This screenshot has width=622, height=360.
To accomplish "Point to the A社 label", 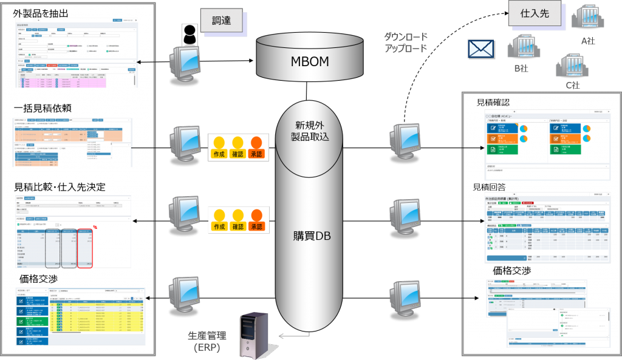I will coord(587,41).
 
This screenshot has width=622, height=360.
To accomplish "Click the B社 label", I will coord(521,68).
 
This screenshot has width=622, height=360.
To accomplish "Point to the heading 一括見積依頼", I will coord(43,108).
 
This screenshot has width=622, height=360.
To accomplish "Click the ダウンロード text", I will coord(406,37).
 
